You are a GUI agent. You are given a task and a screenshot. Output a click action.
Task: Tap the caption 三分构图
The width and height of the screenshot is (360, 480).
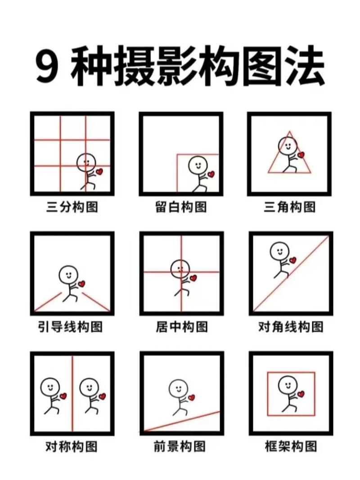coord(72,207)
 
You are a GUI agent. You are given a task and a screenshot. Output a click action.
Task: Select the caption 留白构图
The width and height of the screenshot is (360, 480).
coord(181,207)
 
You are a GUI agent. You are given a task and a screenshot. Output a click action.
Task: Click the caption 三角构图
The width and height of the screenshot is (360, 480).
coord(290,207)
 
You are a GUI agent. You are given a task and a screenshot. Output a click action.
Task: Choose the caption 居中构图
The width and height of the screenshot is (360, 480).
coord(181,327)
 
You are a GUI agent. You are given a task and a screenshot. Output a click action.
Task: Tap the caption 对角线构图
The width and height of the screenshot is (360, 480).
coord(290,327)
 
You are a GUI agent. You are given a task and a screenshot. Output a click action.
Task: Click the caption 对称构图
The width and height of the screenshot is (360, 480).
coord(72,447)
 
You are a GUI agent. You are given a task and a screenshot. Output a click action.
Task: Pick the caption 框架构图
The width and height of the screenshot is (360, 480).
coord(290,447)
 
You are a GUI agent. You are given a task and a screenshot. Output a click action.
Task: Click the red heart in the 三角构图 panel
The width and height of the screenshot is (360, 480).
coord(301,155)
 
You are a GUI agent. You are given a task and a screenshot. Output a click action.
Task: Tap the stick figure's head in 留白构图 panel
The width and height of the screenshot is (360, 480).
coord(196,165)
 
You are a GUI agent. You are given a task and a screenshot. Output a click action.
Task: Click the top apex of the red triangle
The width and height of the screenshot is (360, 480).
coord(289,132)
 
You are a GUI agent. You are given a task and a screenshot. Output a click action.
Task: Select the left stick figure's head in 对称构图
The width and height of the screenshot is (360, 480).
coord(49,386)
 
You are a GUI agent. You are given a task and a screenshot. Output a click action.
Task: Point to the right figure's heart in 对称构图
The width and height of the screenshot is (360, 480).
coord(102,396)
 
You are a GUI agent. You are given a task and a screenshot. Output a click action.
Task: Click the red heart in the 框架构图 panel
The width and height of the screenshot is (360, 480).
coord(301,395)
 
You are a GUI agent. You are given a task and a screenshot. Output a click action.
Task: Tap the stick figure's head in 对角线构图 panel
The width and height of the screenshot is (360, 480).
coord(279,251)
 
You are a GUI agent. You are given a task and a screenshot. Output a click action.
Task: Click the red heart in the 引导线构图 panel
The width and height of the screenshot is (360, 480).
coord(81,284)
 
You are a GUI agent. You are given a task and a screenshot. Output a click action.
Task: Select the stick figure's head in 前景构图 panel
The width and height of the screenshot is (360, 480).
coord(178,388)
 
